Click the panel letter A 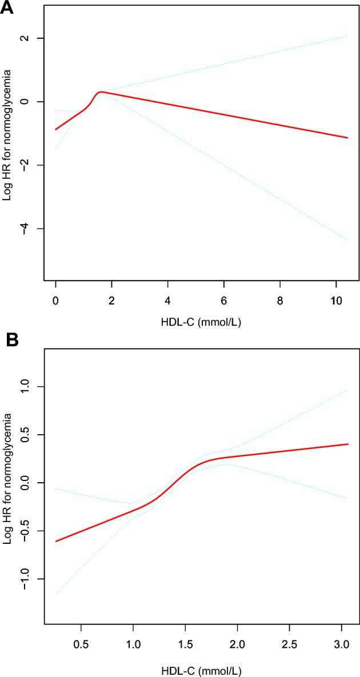tap(7, 7)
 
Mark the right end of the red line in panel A tap(347, 138)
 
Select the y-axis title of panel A tap(8, 150)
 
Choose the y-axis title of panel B tap(8, 494)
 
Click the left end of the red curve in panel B tap(55, 541)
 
